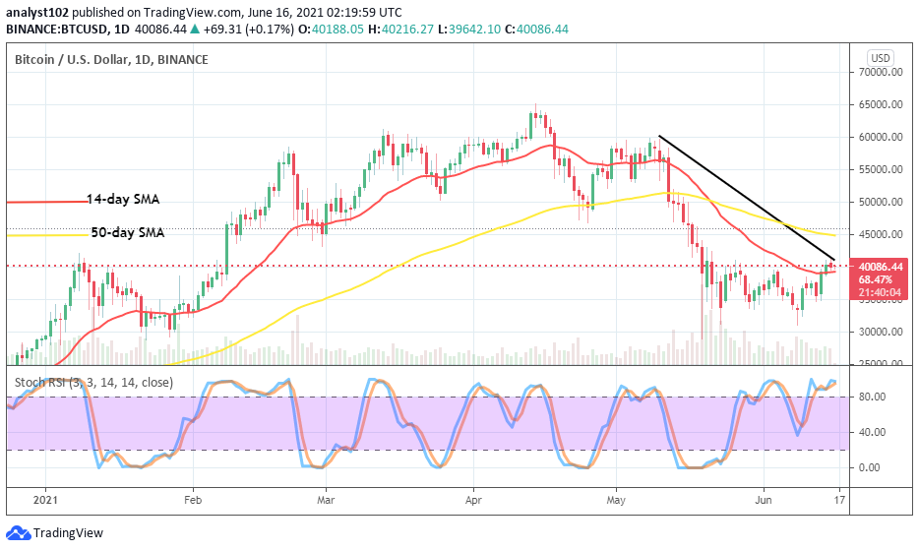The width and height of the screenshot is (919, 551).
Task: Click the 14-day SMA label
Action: [123, 199]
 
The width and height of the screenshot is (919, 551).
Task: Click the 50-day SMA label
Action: [123, 233]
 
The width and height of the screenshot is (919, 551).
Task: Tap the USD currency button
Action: [880, 58]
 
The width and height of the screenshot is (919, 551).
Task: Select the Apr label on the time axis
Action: [473, 500]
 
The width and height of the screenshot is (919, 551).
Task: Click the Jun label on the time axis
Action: [764, 500]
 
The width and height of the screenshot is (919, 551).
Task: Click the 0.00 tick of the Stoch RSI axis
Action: [869, 467]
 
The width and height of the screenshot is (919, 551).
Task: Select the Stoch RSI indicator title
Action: [93, 383]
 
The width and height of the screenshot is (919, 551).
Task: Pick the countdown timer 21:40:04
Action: [878, 292]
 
